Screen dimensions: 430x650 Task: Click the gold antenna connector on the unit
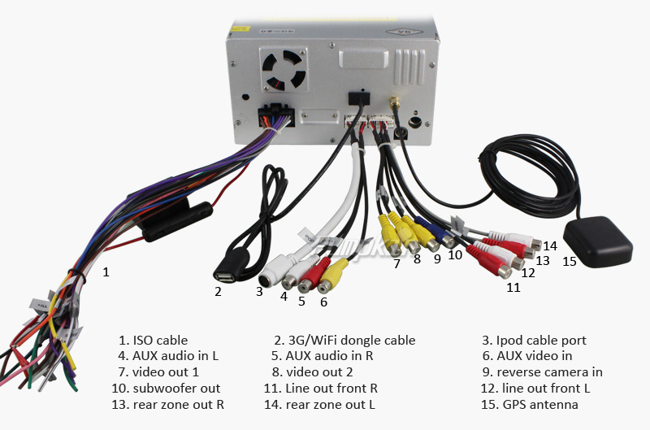pos(394,104)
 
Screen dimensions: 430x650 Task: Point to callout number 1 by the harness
pos(105,272)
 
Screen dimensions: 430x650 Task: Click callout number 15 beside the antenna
pos(570,261)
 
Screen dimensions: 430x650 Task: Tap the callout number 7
pos(396,263)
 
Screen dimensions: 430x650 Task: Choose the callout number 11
pos(513,287)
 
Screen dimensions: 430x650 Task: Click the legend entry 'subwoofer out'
pos(176,389)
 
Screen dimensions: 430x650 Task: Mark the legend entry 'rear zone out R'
pos(178,405)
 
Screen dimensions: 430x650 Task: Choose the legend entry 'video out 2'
pos(322,372)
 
